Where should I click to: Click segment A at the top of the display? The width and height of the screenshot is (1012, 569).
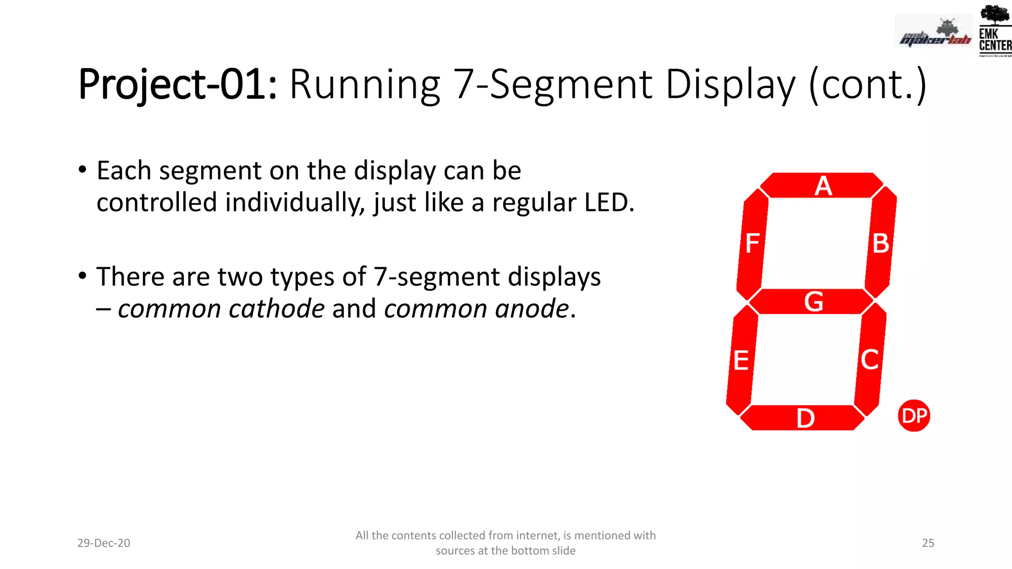click(821, 186)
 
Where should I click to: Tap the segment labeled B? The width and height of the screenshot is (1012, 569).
click(881, 243)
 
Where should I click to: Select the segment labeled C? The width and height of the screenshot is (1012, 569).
click(870, 359)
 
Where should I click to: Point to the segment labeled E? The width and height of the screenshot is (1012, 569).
click(742, 360)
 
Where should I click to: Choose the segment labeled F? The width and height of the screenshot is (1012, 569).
click(752, 243)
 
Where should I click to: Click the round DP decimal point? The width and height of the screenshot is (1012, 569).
click(914, 415)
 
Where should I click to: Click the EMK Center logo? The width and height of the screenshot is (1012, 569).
click(995, 31)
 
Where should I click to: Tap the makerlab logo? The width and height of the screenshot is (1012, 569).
click(934, 34)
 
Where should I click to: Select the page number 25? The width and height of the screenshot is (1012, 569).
click(928, 543)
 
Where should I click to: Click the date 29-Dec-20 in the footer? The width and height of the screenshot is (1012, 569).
click(104, 543)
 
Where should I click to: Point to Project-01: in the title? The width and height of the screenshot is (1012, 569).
click(177, 84)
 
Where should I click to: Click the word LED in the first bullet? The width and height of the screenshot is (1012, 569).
click(609, 203)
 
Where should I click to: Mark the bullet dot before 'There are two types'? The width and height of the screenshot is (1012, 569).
click(83, 276)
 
